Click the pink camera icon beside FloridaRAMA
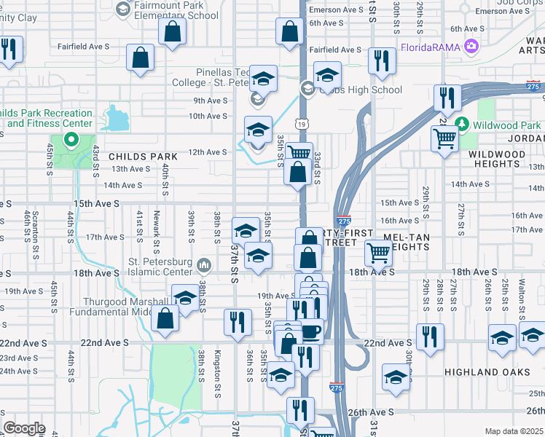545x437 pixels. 472,47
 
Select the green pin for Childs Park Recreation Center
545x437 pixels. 71,140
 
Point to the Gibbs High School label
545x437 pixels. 361,90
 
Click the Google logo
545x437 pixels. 24,428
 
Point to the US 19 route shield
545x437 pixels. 300,124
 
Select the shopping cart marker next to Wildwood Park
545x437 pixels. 444,137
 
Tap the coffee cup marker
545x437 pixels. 311,331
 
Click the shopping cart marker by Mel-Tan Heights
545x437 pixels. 378,253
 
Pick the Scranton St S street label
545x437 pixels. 36,235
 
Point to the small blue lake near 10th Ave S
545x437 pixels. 114,118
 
